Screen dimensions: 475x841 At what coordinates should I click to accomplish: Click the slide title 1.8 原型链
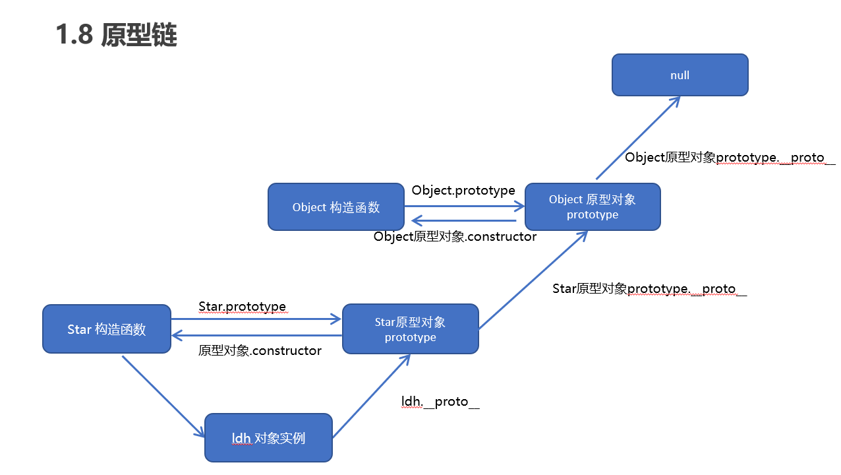point(117,36)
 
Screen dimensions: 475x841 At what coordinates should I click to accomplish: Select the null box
point(680,75)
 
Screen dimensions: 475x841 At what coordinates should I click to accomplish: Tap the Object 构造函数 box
point(335,207)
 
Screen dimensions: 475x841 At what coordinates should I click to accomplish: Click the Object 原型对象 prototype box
point(592,207)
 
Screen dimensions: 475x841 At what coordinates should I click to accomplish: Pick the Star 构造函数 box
point(106,329)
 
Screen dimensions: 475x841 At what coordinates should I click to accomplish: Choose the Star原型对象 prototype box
point(410,329)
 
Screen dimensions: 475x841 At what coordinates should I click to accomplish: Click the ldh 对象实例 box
point(268,438)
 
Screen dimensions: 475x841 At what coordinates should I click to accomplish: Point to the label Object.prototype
point(463,191)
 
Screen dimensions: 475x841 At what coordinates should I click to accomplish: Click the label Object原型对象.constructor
point(455,236)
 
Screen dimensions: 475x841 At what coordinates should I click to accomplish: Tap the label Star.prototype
point(242,307)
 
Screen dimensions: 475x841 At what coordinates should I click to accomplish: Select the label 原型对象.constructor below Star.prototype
point(260,350)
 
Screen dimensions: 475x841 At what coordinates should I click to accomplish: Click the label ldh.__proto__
point(440,401)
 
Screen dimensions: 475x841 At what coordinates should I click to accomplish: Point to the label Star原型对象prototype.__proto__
point(649,289)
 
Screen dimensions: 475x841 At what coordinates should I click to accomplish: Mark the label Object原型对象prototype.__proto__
point(730,158)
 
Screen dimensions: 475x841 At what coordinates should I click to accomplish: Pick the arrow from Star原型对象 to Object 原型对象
point(533,280)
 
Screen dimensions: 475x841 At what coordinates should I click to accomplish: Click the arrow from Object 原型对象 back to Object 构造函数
point(465,222)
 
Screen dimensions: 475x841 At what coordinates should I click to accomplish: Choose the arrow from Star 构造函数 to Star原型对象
point(256,320)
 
